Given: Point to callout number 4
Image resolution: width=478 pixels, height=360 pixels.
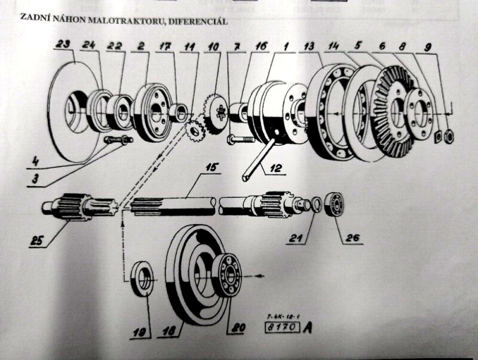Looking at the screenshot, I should tap(36, 160).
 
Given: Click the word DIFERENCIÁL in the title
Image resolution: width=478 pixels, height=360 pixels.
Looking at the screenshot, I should tap(199, 22).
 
